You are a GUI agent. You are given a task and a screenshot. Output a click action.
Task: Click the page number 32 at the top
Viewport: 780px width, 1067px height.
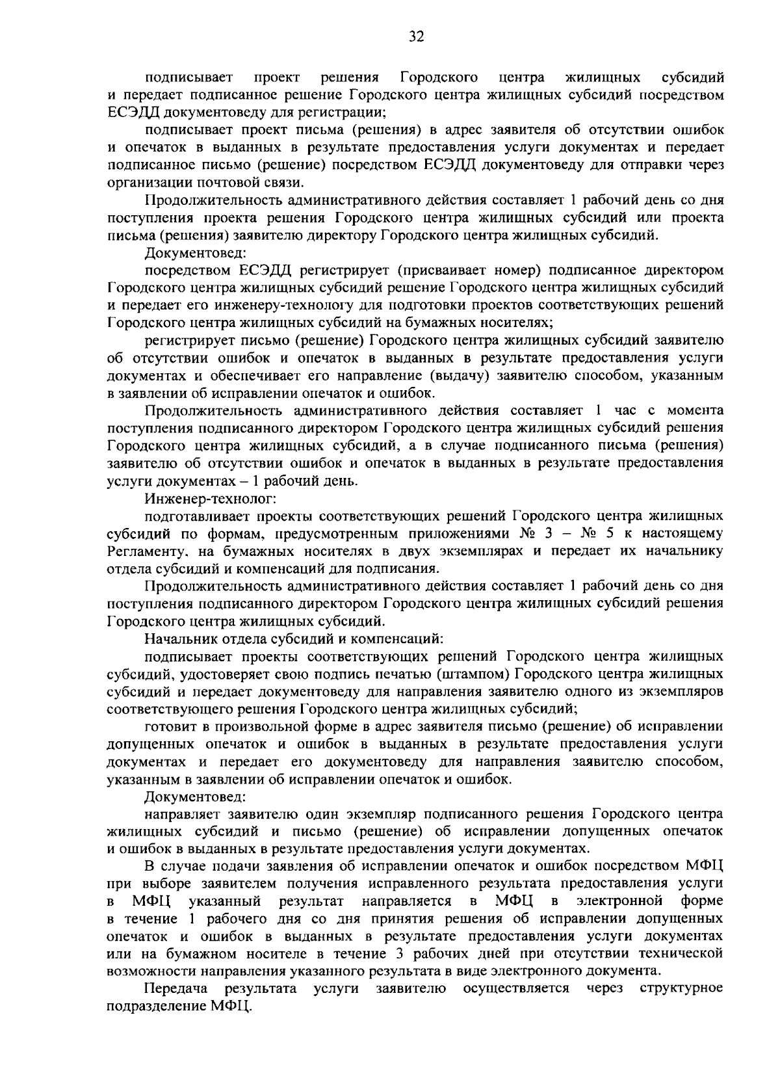click(416, 37)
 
